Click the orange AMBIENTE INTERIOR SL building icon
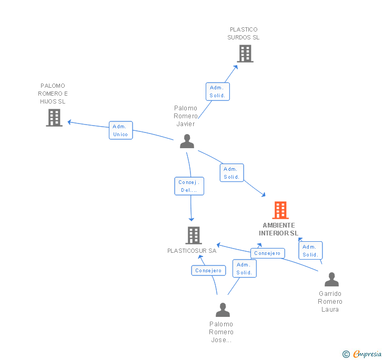280,210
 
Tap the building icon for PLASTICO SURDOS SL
245,54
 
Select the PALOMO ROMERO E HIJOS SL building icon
54,118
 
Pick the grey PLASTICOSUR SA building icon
194,235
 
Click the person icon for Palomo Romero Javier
187,141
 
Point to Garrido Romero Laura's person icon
331,280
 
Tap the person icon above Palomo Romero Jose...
223,310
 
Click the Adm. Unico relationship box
120,130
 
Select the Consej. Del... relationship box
189,186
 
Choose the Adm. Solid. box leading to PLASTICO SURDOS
217,91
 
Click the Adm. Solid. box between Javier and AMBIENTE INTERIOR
231,173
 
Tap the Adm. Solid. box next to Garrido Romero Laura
310,251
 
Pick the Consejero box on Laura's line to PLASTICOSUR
267,253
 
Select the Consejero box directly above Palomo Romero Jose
208,271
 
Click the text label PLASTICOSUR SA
192,251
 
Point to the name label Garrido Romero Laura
330,302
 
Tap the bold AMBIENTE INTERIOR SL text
278,229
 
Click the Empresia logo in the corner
367,354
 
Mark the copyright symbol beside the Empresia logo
346,354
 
